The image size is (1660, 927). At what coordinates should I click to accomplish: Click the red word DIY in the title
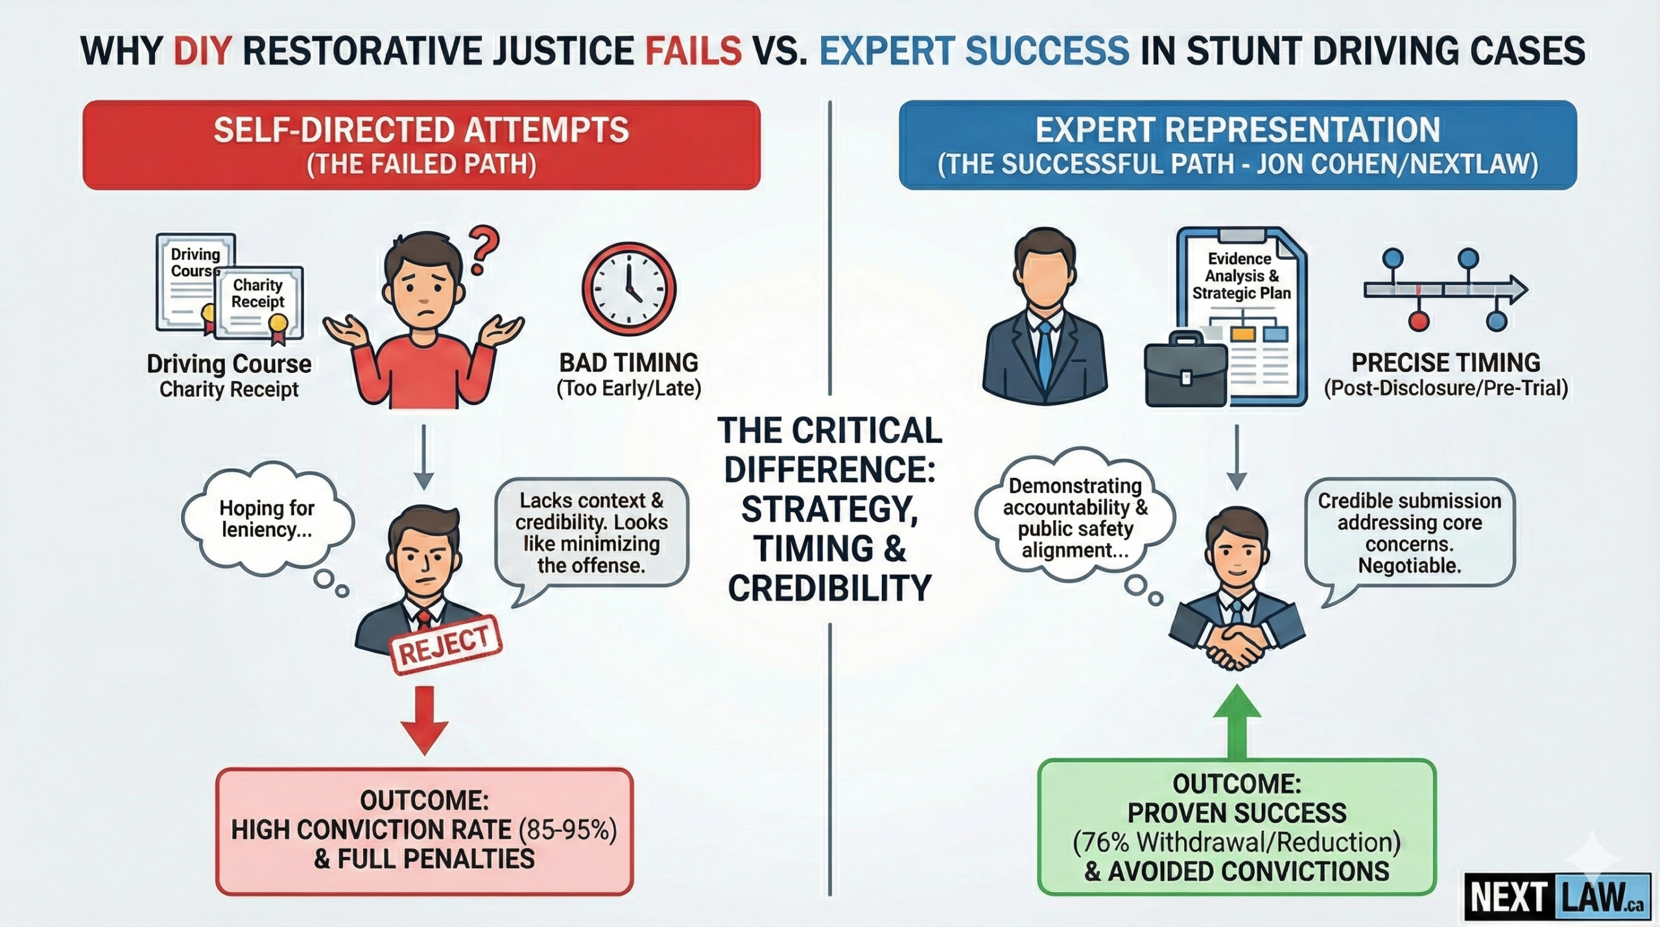pos(202,51)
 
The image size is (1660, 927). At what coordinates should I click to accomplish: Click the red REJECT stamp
pos(445,645)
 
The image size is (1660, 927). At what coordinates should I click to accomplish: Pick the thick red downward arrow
pos(424,720)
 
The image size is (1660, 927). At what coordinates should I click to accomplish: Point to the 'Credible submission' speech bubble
pos(1409,533)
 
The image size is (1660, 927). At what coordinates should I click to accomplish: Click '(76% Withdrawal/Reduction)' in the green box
pos(1237,842)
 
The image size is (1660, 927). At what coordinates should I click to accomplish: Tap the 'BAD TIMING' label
pos(629,363)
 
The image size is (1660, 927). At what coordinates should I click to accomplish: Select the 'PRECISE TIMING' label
pos(1445,363)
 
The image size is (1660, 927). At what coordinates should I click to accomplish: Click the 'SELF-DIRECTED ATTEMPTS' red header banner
pos(421,145)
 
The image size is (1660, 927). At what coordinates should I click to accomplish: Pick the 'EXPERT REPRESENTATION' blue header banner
pos(1237,145)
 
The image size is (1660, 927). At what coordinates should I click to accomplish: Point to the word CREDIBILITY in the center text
pos(829,588)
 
